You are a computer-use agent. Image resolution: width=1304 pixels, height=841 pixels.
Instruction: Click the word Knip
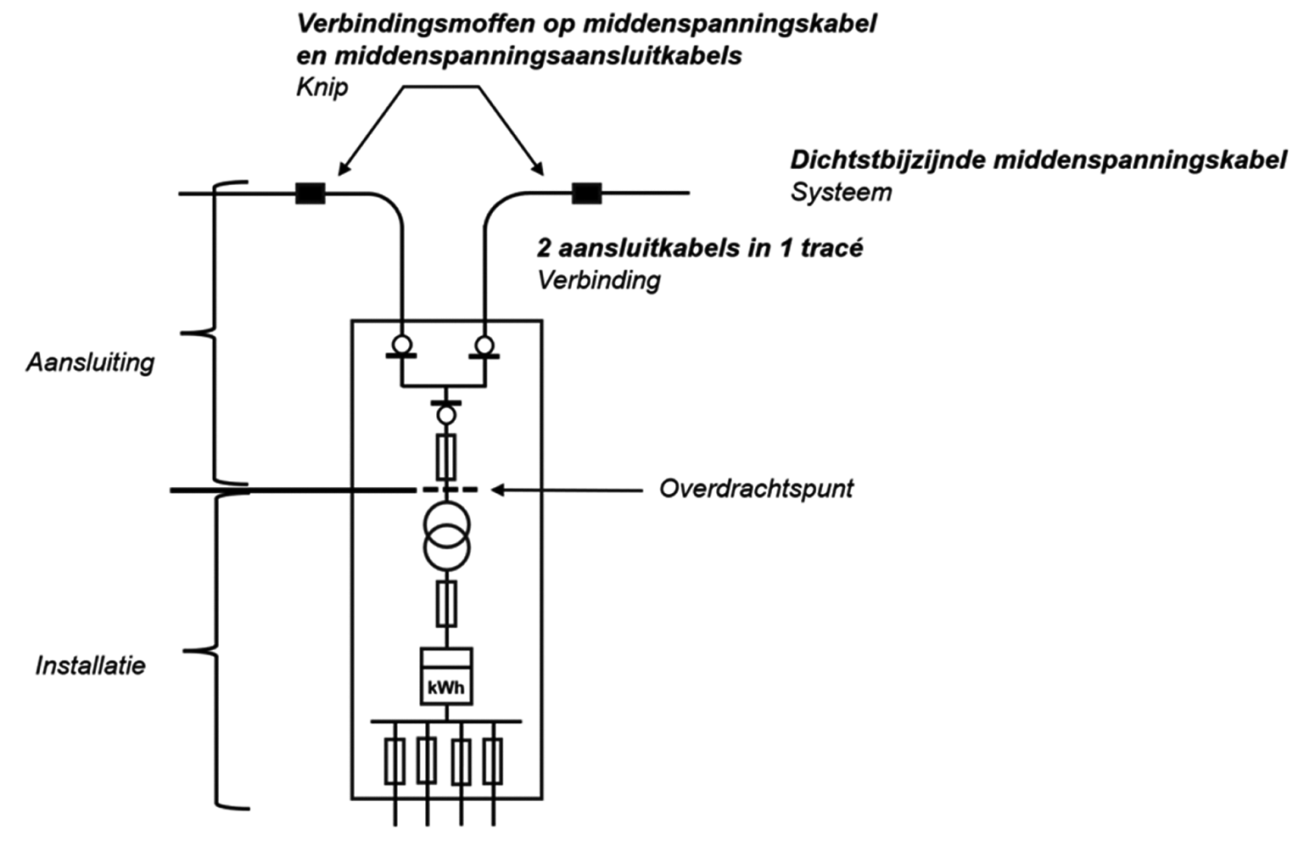322,87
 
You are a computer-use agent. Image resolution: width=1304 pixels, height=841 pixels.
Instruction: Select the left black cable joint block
310,193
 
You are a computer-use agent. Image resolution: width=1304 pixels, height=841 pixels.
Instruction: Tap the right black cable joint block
586,193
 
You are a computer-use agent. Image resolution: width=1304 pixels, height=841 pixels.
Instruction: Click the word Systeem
841,192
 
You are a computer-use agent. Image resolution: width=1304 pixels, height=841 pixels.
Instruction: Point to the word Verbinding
598,280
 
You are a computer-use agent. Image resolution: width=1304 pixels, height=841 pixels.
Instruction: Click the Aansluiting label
90,362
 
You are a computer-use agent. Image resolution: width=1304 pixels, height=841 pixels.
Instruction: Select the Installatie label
90,665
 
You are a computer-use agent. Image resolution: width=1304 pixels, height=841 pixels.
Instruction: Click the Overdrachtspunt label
756,489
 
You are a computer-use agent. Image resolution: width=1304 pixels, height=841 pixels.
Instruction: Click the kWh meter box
446,677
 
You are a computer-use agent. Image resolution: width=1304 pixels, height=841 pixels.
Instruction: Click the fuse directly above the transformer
445,457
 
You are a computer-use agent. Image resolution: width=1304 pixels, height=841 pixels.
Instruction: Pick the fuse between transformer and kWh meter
446,603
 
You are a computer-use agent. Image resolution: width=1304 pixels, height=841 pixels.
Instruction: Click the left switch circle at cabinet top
401,345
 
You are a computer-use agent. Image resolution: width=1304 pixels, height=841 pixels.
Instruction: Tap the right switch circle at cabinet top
484,345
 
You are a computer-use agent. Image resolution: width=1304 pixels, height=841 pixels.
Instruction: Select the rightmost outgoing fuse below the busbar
493,760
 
